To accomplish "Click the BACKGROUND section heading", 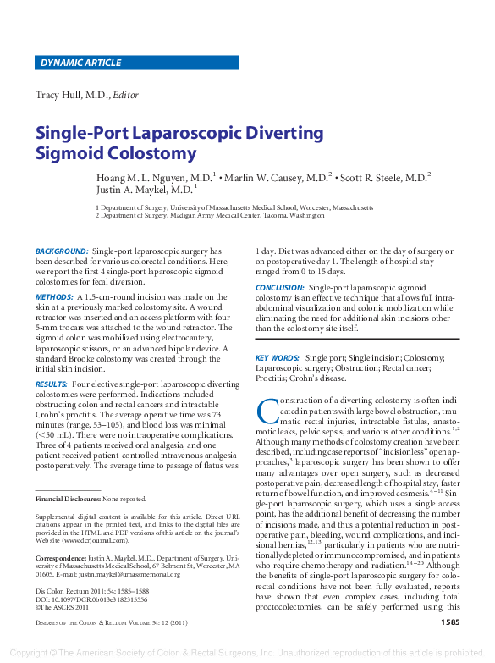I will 62,251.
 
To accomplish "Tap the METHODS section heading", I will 54,297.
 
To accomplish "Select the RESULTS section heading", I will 52,384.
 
